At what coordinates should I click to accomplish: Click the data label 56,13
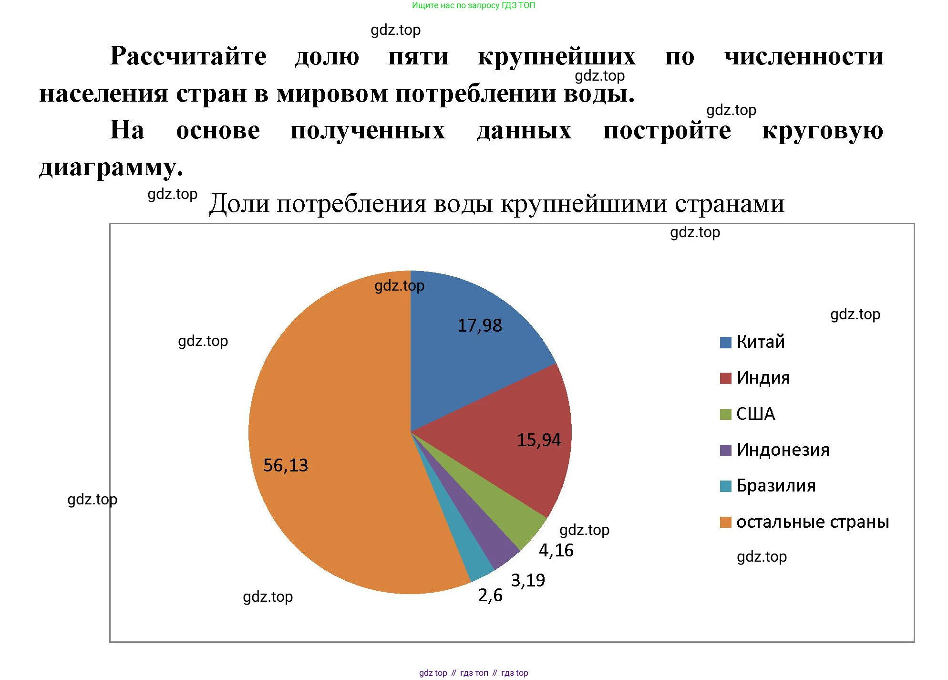tap(286, 465)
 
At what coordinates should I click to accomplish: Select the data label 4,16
tap(556, 551)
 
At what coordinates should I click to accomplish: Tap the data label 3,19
tap(528, 580)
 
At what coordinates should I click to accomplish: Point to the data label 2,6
tap(490, 596)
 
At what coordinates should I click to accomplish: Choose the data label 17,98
tap(480, 325)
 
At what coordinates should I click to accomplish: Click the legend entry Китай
tap(761, 342)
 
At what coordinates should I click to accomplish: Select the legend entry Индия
tap(763, 378)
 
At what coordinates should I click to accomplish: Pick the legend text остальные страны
tap(813, 522)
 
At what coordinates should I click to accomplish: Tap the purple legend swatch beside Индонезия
tap(725, 450)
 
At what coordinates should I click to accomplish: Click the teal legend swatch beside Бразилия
tap(725, 486)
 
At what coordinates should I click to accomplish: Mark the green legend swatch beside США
tap(725, 414)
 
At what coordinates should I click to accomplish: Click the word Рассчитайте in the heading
tap(188, 56)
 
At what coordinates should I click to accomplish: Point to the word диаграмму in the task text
tap(111, 167)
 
